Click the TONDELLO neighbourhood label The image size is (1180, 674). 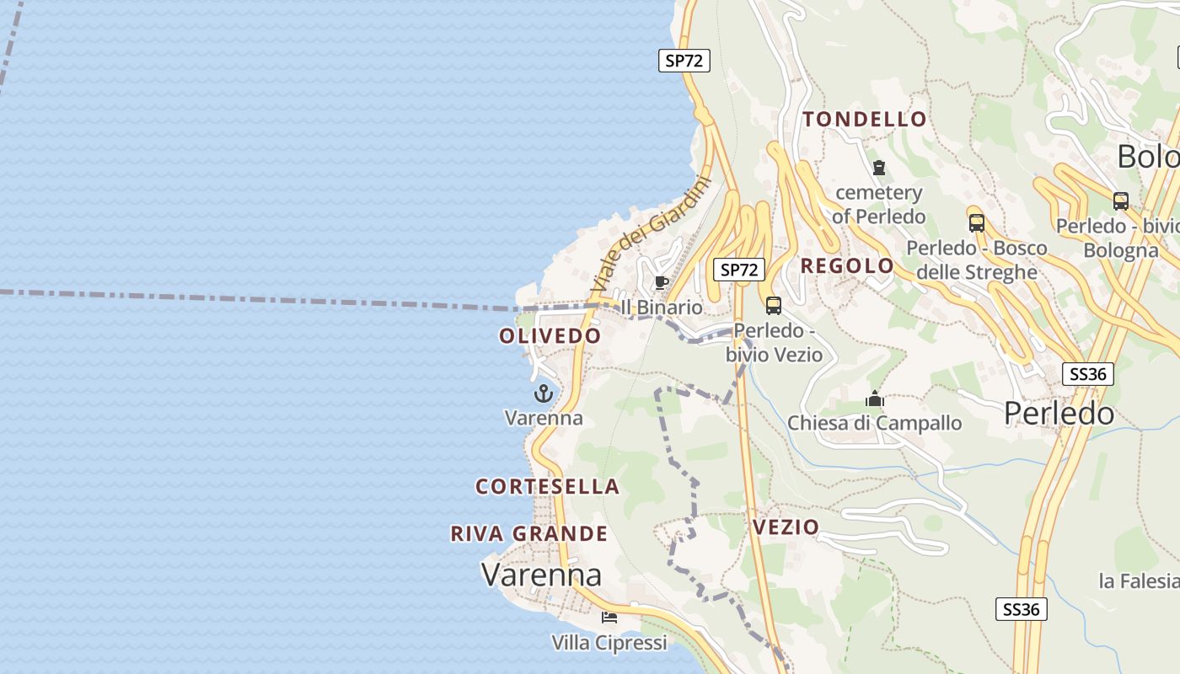tap(865, 120)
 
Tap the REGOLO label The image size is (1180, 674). tap(847, 266)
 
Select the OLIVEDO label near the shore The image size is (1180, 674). tap(550, 336)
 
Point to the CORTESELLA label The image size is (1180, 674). tap(548, 487)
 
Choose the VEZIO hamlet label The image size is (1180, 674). tap(786, 527)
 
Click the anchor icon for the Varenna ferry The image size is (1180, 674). tap(544, 393)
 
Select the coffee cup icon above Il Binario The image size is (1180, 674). tap(661, 282)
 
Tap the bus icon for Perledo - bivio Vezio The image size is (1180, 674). tap(773, 306)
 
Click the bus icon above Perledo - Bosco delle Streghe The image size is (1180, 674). tap(976, 223)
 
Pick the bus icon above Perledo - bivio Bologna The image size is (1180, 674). tap(1120, 201)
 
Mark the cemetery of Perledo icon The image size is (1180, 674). tap(879, 168)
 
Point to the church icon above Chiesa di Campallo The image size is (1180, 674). tap(875, 399)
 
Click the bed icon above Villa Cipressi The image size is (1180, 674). tap(609, 618)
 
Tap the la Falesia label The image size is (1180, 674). tap(1138, 581)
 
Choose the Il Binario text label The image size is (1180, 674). tap(661, 308)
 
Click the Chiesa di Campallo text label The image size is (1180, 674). tap(875, 423)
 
